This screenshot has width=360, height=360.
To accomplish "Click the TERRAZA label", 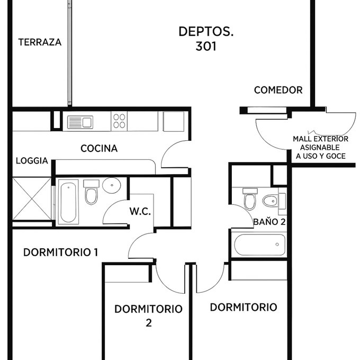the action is click(40, 42).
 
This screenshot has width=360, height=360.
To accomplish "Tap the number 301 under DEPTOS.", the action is click(206, 47).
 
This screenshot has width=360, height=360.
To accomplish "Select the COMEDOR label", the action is click(278, 90).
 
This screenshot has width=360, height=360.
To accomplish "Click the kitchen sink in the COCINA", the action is click(80, 122).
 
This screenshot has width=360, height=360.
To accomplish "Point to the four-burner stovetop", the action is click(119, 121).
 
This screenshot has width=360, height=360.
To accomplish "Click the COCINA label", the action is click(99, 149).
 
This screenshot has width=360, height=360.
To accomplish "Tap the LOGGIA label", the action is click(32, 161).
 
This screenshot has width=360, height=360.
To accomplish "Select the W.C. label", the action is click(140, 211).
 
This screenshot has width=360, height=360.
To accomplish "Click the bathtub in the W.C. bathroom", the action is click(68, 202).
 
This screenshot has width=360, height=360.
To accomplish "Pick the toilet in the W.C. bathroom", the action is click(91, 192).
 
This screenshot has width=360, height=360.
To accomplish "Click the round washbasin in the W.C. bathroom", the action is click(112, 185).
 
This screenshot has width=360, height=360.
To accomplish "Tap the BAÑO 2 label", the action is click(269, 222).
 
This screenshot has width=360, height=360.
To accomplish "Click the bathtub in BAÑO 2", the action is click(259, 245).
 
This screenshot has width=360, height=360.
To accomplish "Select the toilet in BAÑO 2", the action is click(250, 199).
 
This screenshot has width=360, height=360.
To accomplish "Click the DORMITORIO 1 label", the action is click(60, 253).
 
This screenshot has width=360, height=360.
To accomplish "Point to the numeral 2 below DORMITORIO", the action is click(149, 323).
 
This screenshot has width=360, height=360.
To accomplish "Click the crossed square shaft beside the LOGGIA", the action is click(32, 199).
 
